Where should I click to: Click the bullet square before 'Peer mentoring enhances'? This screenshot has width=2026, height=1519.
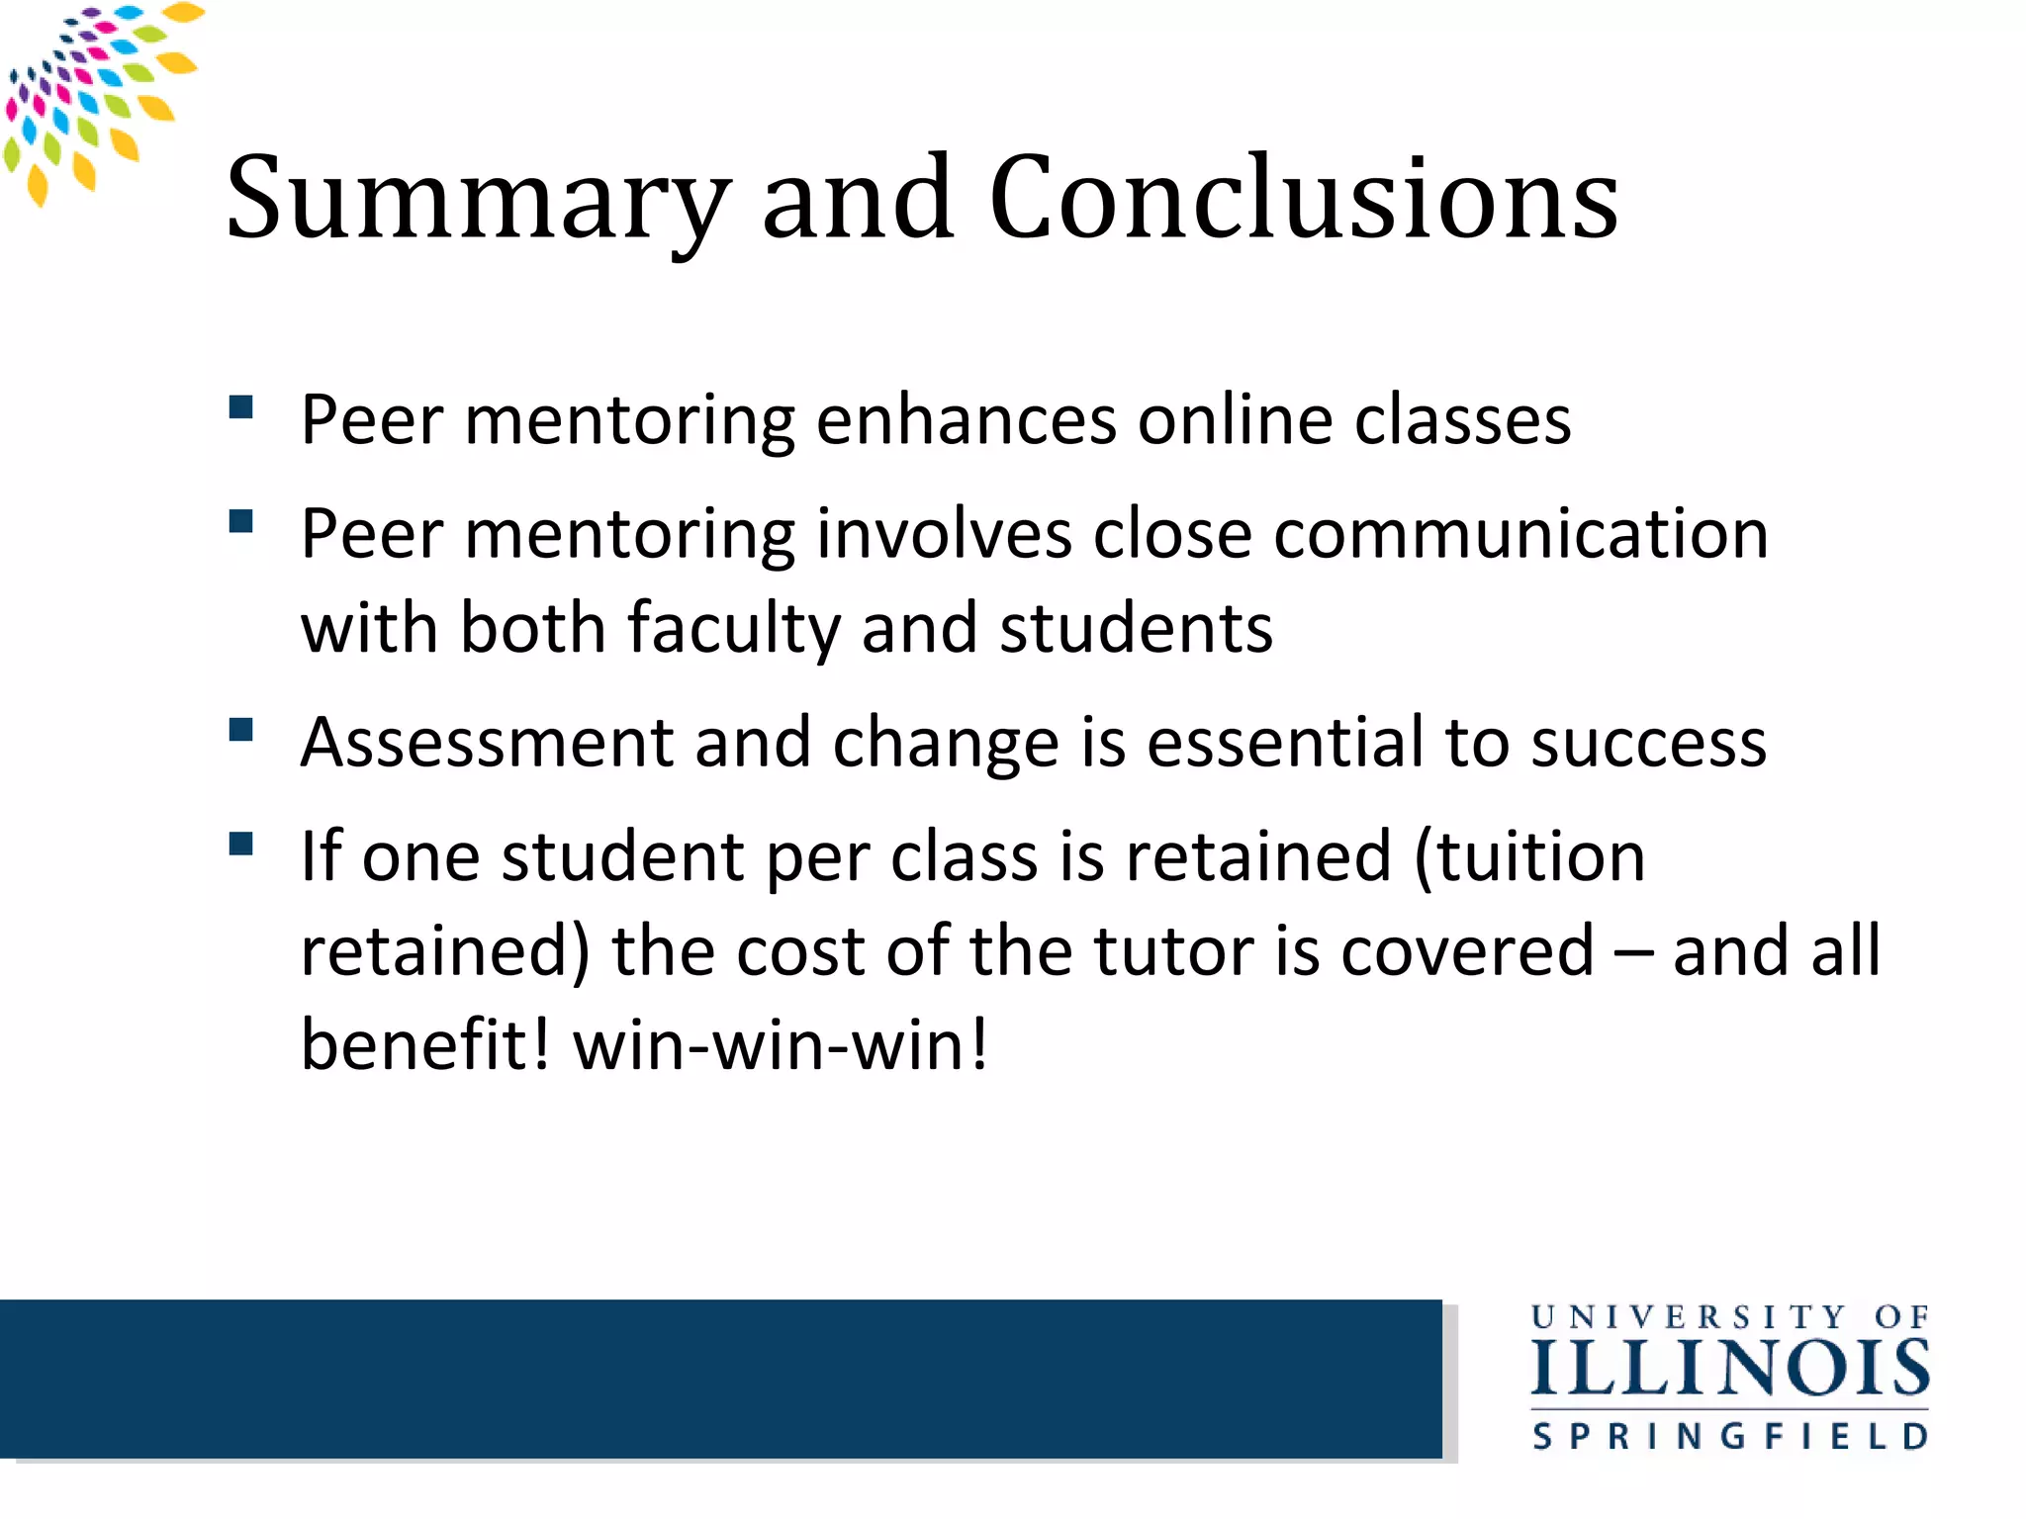click(x=241, y=408)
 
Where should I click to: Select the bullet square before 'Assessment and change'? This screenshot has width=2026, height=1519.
click(x=241, y=730)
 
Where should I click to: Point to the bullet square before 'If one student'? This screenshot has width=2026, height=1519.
click(x=241, y=844)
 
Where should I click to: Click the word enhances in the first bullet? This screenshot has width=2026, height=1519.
click(x=966, y=420)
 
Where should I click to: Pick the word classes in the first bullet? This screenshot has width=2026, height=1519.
click(x=1462, y=420)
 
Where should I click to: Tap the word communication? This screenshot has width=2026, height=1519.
click(x=1520, y=534)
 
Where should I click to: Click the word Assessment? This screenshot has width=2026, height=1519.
click(x=487, y=743)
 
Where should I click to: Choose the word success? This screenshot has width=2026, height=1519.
click(x=1648, y=743)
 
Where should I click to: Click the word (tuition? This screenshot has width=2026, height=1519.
click(x=1529, y=856)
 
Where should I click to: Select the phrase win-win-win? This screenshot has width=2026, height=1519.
click(x=782, y=1045)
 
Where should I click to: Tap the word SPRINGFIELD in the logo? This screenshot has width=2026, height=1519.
click(x=1730, y=1436)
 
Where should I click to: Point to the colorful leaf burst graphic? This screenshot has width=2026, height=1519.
click(x=94, y=94)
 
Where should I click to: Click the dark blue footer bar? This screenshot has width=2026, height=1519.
click(x=720, y=1379)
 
